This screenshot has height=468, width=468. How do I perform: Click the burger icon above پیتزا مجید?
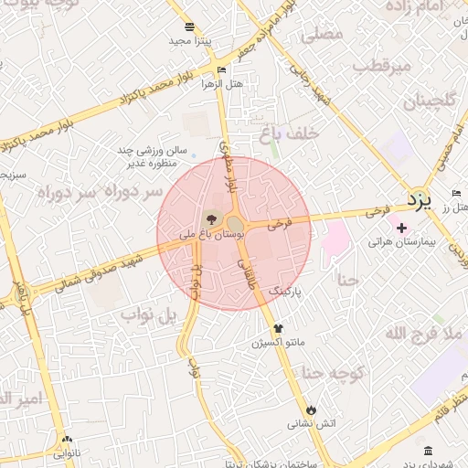(189, 27)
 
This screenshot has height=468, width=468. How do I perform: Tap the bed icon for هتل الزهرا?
(222, 69)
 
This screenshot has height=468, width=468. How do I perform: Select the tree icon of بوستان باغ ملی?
(211, 218)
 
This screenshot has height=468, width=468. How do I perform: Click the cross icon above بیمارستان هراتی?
(401, 226)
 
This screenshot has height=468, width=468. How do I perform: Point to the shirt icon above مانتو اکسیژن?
(278, 327)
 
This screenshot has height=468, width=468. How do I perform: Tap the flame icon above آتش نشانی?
(311, 409)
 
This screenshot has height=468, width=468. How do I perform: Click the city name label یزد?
(418, 198)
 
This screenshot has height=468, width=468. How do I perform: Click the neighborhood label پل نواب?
(147, 316)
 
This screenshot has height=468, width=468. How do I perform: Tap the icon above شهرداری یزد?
(428, 451)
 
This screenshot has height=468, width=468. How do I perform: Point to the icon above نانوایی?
(66, 440)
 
